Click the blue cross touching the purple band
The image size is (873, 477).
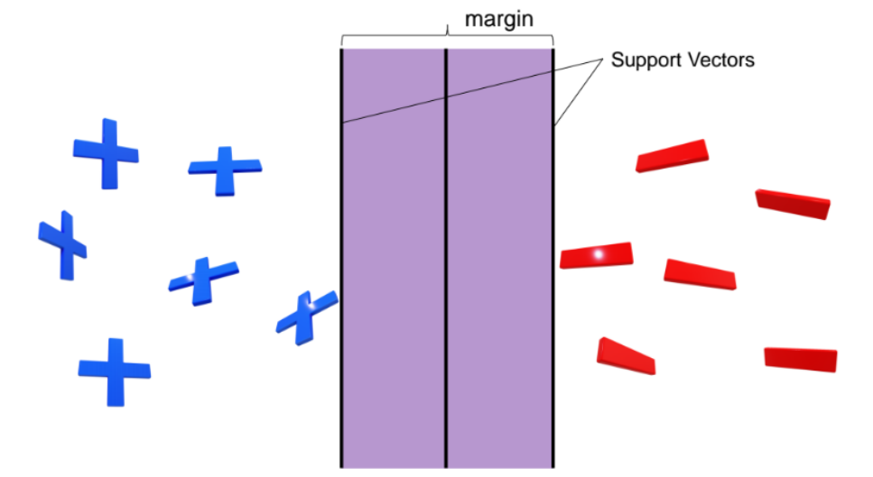pos(307,316)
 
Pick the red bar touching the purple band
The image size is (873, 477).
pos(596,256)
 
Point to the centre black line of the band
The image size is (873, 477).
pos(446,271)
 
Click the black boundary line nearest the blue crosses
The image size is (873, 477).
pos(341,271)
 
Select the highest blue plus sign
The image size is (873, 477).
pos(107,153)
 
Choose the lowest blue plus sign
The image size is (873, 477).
pos(114,370)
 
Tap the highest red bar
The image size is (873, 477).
pos(673,156)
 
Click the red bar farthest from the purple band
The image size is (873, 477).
pos(800,359)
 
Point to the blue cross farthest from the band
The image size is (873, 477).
pos(62,244)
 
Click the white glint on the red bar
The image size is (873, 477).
pos(597,256)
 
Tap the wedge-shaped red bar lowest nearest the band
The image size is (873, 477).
pos(625,356)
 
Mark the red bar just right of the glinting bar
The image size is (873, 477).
pos(700,274)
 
